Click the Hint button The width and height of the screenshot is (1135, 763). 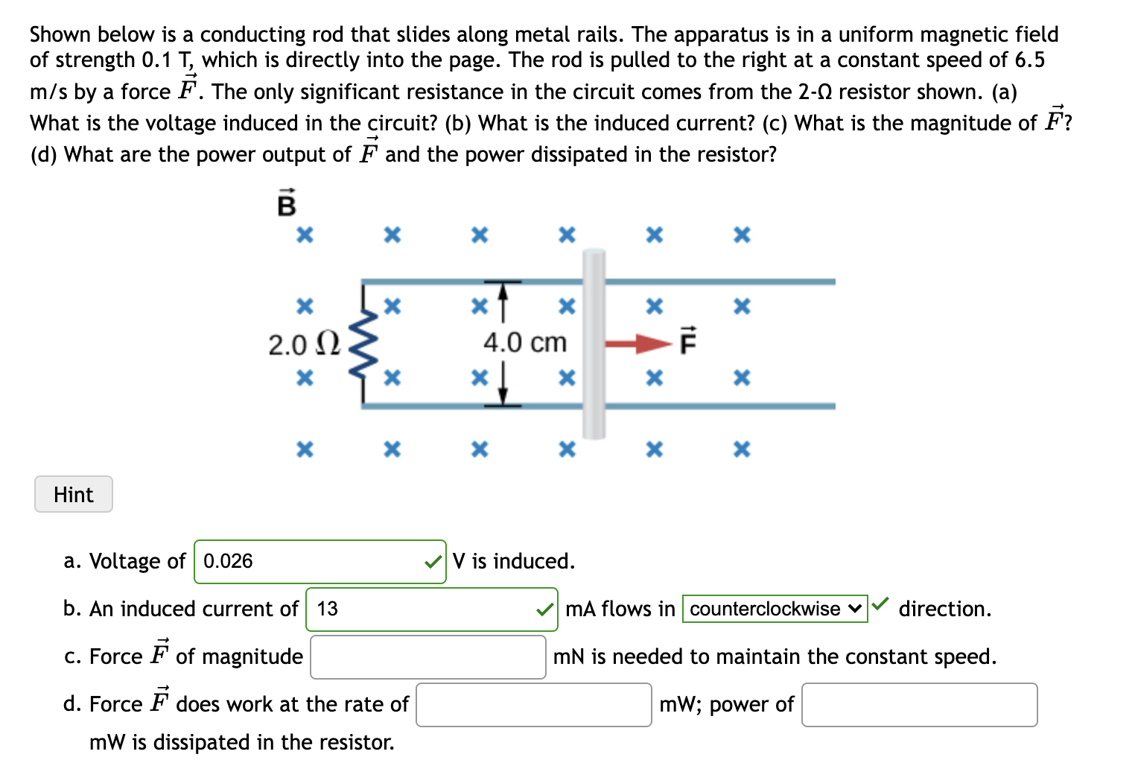73,494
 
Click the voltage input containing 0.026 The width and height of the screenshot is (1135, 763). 309,561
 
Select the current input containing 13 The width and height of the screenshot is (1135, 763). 421,609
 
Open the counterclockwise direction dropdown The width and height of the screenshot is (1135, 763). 775,609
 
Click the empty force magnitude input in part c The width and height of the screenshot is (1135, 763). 427,656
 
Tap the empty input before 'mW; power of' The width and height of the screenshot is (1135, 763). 533,704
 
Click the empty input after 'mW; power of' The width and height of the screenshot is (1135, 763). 919,704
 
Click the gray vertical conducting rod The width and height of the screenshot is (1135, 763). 594,343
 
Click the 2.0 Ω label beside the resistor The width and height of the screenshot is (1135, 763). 304,345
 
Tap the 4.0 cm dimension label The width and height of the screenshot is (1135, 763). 524,343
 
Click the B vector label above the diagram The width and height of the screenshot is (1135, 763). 286,203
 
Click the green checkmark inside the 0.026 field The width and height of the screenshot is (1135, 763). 432,562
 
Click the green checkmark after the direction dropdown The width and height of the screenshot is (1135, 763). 880,604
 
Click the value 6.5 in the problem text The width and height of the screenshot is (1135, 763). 1029,60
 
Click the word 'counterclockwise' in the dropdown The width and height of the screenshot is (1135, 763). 765,609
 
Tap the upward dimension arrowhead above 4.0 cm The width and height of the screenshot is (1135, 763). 503,290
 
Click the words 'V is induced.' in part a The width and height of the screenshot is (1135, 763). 513,561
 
